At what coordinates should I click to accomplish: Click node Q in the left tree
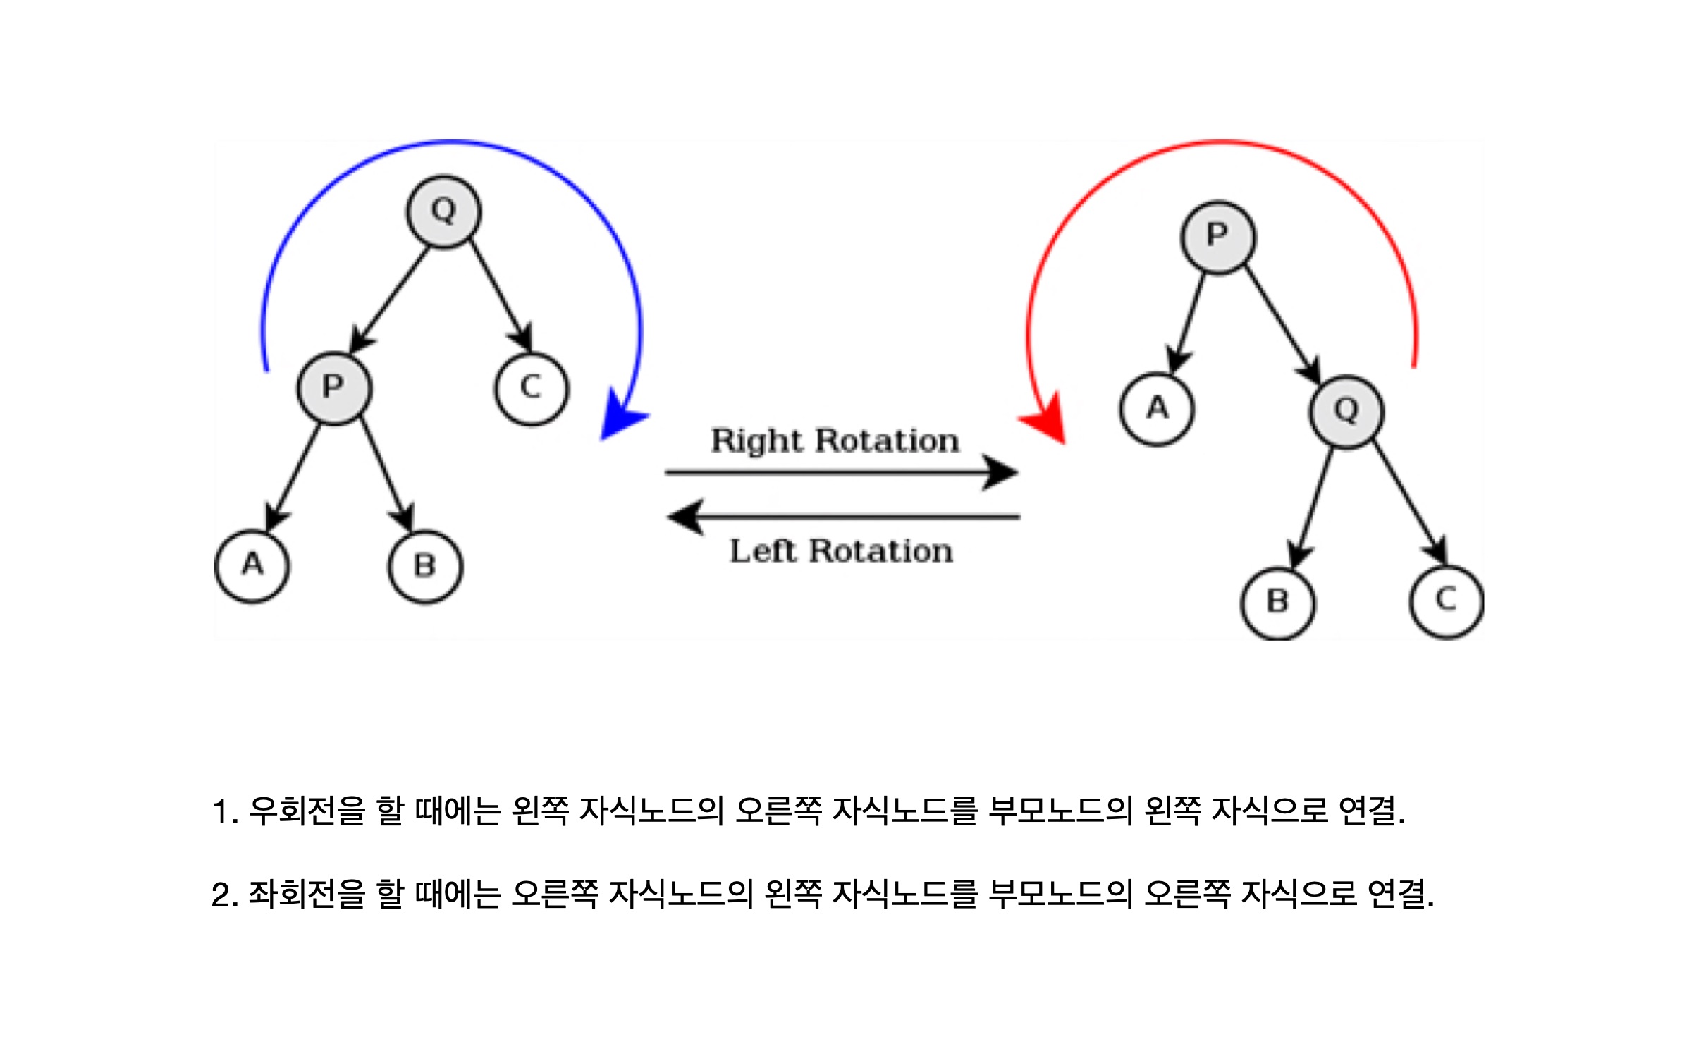[443, 211]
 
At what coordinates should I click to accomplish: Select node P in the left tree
[334, 388]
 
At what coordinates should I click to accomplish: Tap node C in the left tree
[531, 388]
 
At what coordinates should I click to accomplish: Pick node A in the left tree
[252, 565]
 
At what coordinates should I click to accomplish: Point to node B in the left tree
[425, 567]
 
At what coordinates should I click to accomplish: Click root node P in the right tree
[1217, 237]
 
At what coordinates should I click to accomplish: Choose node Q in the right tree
[1346, 412]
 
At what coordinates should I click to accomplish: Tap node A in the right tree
[1157, 409]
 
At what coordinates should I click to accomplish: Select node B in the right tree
[1277, 603]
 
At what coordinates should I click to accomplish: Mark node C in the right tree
[1446, 601]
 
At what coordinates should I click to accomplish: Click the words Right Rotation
[835, 441]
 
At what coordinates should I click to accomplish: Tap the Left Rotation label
[841, 551]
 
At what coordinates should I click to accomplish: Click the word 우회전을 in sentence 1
[307, 811]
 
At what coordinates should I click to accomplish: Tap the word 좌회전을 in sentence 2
[307, 894]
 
